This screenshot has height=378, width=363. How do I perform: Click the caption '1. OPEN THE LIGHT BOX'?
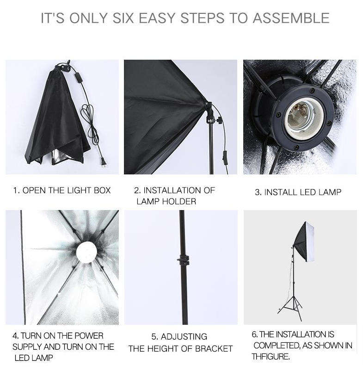click(62, 191)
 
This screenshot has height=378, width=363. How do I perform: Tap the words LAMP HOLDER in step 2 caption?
click(166, 202)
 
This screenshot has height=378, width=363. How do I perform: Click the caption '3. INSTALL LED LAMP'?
click(298, 192)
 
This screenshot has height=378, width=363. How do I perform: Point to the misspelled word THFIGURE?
click(271, 357)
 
